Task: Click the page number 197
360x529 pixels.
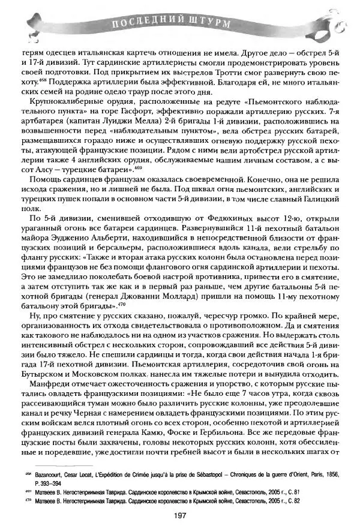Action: (179, 515)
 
